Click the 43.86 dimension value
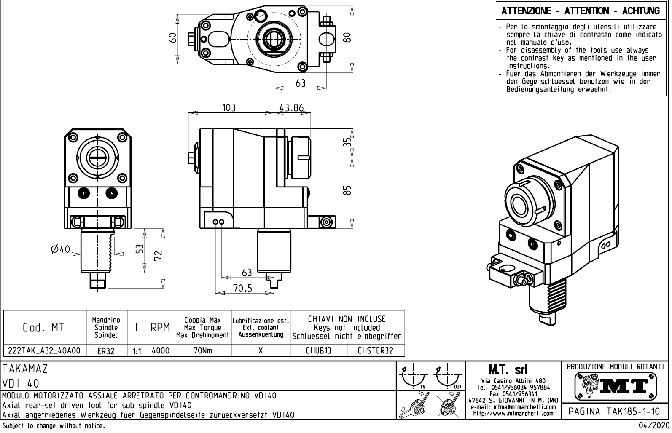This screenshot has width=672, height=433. [x=292, y=108]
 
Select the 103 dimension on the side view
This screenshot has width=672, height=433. [x=229, y=108]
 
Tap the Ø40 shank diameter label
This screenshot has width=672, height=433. [x=60, y=249]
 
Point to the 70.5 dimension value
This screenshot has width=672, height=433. [x=243, y=288]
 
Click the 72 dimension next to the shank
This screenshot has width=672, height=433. [x=158, y=256]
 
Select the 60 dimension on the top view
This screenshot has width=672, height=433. [x=172, y=38]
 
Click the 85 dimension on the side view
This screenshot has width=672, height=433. [x=347, y=191]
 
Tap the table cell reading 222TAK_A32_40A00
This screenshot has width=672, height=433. [x=45, y=350]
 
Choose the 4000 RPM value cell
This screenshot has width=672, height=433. [x=160, y=350]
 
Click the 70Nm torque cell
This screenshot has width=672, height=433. [x=202, y=350]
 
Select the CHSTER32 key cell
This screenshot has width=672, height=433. [x=375, y=350]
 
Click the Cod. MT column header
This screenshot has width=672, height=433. [x=44, y=328]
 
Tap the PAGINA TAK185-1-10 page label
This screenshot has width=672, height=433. [x=615, y=411]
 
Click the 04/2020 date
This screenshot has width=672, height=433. [x=653, y=426]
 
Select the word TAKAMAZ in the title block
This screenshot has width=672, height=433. [x=25, y=369]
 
